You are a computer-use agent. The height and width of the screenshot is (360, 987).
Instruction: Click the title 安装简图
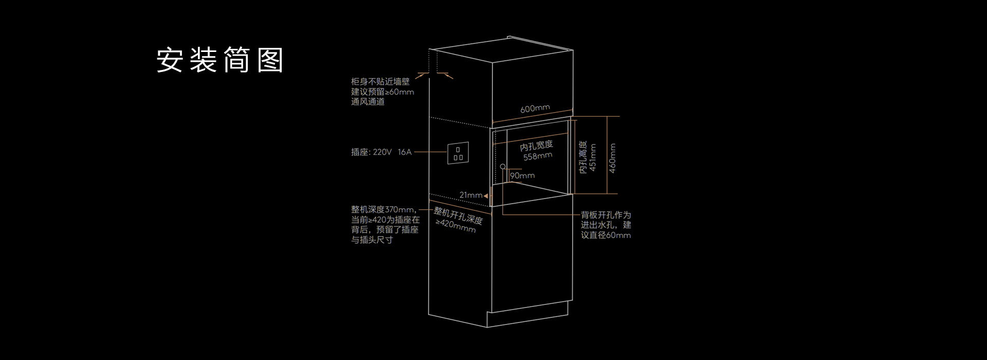point(220,60)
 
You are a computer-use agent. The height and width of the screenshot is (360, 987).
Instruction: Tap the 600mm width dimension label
point(535,109)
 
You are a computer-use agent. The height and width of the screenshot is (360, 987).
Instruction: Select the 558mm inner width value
point(538,156)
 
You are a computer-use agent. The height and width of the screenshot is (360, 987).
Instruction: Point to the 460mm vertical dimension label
point(612,158)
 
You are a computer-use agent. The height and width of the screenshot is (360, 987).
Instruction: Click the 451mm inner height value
point(593,157)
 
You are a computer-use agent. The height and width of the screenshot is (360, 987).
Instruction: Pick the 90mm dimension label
point(522,176)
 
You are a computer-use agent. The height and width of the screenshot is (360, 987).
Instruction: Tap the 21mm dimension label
point(471,195)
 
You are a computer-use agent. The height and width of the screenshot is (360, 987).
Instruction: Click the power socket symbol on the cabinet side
point(458,153)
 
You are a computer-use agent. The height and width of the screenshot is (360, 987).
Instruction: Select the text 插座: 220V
point(371,152)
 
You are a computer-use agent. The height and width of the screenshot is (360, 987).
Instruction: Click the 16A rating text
point(405,152)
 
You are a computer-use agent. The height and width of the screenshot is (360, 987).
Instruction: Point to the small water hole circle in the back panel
point(503,167)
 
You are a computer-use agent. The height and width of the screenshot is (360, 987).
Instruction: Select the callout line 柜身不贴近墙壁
point(380,82)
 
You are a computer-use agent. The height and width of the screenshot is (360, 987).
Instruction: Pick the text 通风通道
point(368,102)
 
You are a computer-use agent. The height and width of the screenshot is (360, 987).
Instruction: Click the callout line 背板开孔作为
point(606,215)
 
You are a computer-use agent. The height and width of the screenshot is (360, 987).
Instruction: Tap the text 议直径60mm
point(606,235)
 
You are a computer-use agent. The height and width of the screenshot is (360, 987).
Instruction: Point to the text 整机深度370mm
point(383,210)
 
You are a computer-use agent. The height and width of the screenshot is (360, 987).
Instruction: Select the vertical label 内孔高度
point(583,157)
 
